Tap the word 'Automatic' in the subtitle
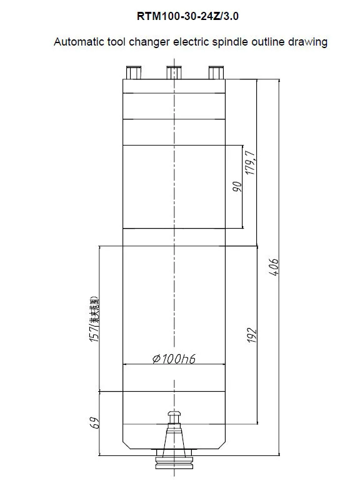click(77, 42)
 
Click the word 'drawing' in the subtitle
click(310, 42)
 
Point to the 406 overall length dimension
click(273, 267)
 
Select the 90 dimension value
click(237, 187)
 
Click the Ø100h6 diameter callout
click(170, 359)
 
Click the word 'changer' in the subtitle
click(156, 42)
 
